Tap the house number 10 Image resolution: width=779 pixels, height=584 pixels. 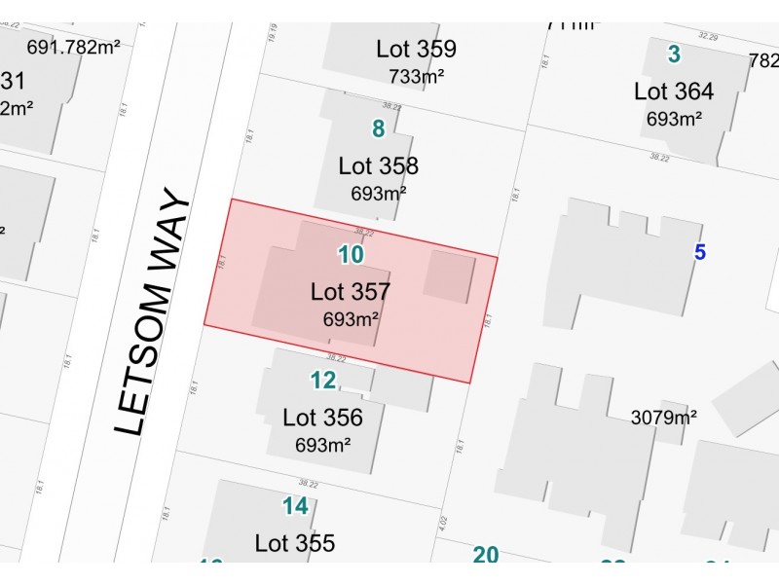tap(351, 255)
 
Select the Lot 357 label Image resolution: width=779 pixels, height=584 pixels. tap(351, 291)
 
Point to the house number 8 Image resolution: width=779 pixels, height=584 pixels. tap(379, 128)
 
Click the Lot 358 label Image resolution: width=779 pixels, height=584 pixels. tap(379, 165)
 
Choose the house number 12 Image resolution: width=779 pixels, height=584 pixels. tap(323, 380)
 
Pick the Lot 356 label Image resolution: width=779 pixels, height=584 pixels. tap(322, 419)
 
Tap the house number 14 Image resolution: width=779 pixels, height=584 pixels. tap(295, 506)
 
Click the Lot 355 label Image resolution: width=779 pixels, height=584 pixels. tap(295, 543)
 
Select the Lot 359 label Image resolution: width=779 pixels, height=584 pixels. tap(417, 49)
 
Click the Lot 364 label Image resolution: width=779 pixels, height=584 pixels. tap(674, 92)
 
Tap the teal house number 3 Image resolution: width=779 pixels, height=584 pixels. tap(674, 54)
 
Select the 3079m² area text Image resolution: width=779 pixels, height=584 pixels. tap(664, 419)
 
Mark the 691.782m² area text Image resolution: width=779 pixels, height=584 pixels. tap(73, 46)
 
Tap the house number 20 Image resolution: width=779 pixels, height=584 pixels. tap(486, 555)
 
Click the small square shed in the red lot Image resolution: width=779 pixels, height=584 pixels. tap(449, 274)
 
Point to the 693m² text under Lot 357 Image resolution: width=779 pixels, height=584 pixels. tap(352, 318)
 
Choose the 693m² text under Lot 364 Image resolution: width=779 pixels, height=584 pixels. tap(674, 120)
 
